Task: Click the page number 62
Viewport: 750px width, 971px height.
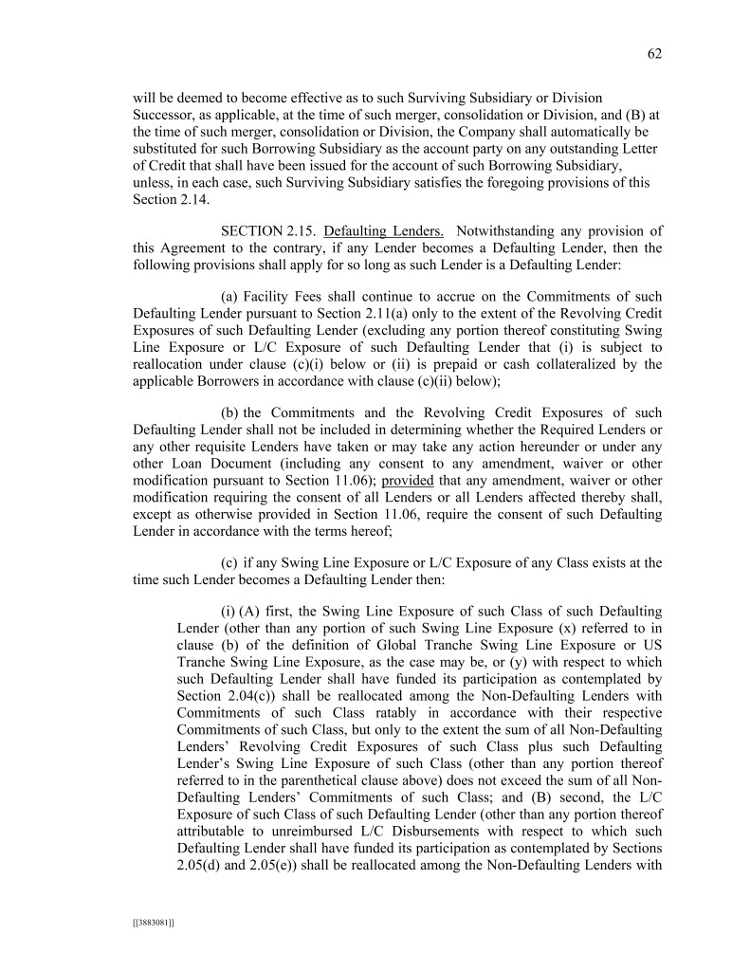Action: (x=654, y=54)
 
